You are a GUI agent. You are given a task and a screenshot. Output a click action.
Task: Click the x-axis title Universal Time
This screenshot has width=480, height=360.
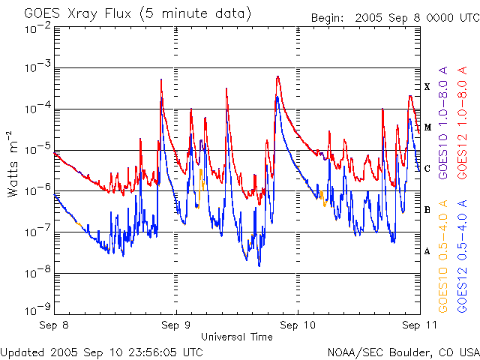tap(237, 337)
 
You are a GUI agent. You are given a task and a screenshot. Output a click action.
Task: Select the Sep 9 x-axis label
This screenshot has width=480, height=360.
tap(176, 325)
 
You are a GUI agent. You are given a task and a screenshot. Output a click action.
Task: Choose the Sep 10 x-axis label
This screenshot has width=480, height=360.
tap(297, 325)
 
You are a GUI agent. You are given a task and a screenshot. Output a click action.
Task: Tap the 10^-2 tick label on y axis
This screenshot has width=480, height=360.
tap(36, 28)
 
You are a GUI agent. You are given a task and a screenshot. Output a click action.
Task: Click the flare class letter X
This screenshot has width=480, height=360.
tap(427, 87)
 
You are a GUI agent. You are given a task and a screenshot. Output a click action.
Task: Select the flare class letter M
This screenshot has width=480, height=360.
tap(427, 127)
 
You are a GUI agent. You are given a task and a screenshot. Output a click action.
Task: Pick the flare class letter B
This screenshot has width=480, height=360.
tap(427, 210)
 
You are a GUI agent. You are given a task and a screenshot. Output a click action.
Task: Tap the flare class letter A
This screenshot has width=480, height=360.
tap(427, 251)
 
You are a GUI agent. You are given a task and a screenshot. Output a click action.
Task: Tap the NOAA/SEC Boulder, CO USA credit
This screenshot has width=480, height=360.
tap(403, 351)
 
